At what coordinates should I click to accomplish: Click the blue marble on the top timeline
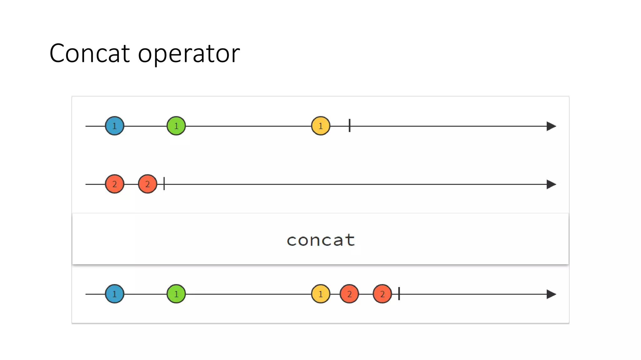point(115,126)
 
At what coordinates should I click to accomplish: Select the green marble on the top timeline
point(176,126)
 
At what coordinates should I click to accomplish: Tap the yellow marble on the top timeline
point(320,126)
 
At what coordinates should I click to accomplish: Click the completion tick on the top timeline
point(350,126)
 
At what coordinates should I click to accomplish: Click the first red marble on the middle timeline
point(115,184)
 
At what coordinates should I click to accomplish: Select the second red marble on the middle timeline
point(147,184)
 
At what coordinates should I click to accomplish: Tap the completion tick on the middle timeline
point(164,184)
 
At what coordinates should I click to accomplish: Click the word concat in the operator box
point(320,240)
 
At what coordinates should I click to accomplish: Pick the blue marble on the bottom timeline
point(115,294)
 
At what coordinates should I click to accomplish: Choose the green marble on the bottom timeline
point(176,294)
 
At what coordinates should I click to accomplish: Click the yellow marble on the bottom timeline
point(320,294)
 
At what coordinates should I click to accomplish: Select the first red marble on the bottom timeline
point(349,294)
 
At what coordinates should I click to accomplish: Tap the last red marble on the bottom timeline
point(382,294)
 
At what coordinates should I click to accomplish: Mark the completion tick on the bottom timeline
point(399,294)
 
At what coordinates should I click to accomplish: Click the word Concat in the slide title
point(90,53)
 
